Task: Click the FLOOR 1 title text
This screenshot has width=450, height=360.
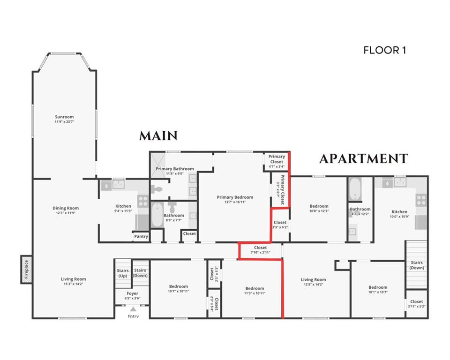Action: [384, 50]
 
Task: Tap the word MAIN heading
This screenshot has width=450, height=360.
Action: [158, 136]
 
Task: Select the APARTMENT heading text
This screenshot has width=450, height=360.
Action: [363, 159]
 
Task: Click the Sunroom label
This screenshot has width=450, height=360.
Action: [64, 117]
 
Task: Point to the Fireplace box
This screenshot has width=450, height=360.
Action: [26, 270]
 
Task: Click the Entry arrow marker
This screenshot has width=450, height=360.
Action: [133, 309]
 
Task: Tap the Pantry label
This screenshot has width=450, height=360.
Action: [141, 236]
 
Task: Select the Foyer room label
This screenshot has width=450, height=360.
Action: [133, 293]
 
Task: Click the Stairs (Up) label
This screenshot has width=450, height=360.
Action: [122, 273]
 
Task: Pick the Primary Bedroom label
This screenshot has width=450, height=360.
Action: [235, 197]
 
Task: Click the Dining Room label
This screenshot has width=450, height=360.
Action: [65, 208]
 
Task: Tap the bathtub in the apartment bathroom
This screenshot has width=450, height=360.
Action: [355, 189]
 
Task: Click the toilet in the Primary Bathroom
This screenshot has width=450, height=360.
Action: [158, 189]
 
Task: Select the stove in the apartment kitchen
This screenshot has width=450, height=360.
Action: [421, 201]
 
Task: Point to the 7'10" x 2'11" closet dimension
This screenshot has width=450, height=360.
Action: [260, 253]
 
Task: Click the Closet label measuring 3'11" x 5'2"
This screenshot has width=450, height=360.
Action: [416, 301]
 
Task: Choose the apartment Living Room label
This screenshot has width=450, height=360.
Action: [313, 279]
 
